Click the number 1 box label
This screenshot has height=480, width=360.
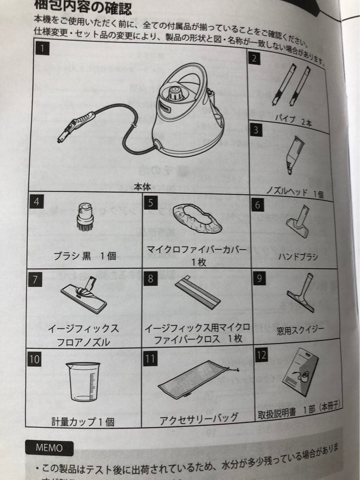coord(42,48)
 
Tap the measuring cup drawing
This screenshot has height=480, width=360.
coord(83,381)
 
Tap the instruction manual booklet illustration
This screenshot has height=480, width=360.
coord(301,376)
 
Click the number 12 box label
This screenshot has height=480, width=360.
coord(262,355)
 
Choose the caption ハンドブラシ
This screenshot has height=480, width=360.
coord(298,256)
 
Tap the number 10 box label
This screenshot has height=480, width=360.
coord(34,359)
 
